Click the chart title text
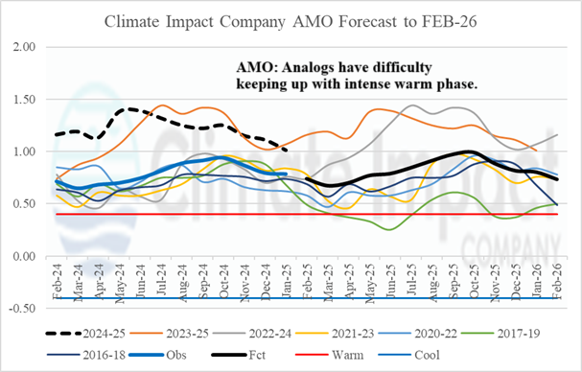pos(291,18)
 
